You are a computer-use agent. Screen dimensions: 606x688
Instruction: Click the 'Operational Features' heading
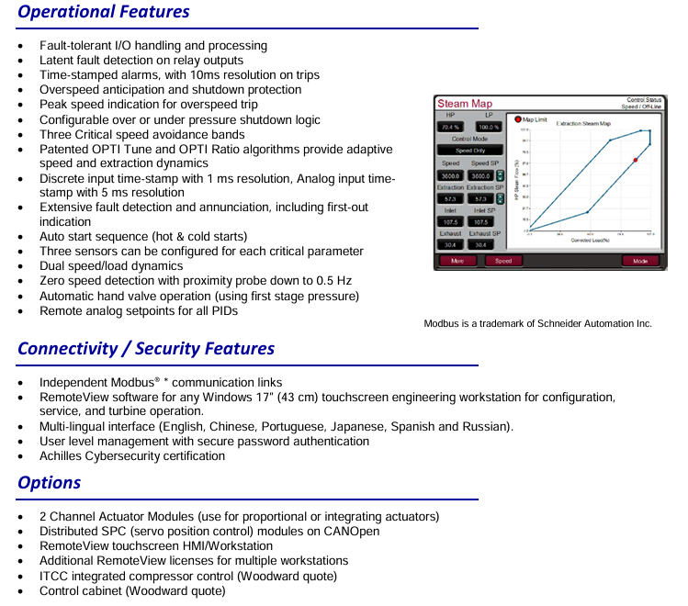click(104, 12)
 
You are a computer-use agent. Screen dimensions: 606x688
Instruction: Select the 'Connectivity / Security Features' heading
click(146, 349)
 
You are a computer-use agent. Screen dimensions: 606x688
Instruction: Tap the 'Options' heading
click(50, 483)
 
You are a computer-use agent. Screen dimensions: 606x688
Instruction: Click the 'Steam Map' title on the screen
click(465, 104)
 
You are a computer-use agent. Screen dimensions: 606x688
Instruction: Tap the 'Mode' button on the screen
click(639, 261)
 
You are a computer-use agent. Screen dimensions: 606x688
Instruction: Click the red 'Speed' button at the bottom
click(503, 261)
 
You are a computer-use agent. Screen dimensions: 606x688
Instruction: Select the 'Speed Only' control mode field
click(469, 151)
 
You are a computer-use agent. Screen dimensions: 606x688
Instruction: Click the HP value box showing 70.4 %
click(450, 128)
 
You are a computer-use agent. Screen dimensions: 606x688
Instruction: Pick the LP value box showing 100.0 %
click(489, 128)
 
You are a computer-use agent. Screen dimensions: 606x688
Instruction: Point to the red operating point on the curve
click(635, 160)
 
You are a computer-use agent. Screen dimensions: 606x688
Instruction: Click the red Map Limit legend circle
click(518, 119)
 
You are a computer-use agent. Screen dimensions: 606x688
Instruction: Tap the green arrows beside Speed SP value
click(500, 175)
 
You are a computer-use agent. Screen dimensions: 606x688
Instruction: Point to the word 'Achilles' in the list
click(62, 456)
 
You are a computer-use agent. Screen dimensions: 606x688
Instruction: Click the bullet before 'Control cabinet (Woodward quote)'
click(21, 590)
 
